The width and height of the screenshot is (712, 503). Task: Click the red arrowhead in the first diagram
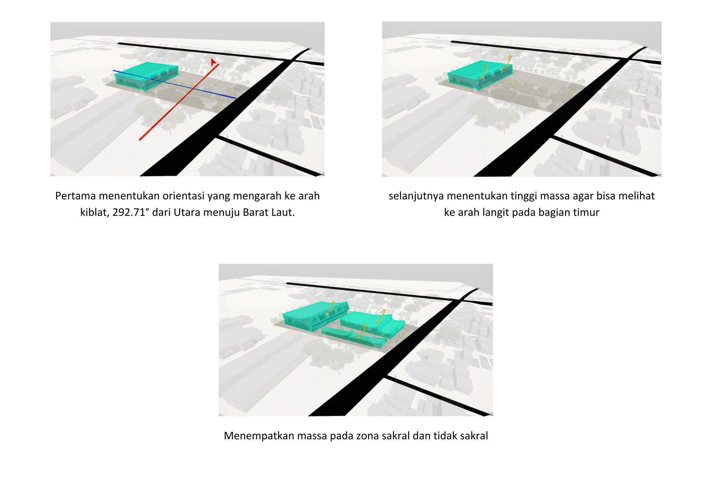(213, 62)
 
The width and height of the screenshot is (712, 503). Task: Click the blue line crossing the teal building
(174, 84)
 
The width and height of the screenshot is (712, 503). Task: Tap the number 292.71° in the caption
(131, 212)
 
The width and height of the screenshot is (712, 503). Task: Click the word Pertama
(75, 196)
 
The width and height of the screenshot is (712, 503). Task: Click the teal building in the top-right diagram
(480, 75)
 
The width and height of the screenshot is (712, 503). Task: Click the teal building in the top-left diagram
(147, 76)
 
